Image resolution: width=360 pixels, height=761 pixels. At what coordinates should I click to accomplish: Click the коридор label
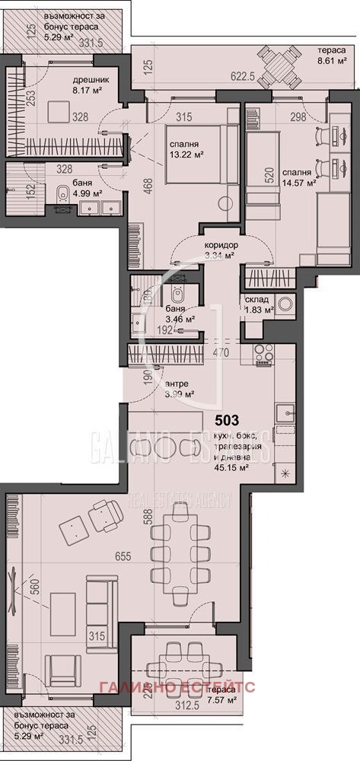point(221,245)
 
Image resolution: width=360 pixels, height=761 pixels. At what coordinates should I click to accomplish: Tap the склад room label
point(257,299)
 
